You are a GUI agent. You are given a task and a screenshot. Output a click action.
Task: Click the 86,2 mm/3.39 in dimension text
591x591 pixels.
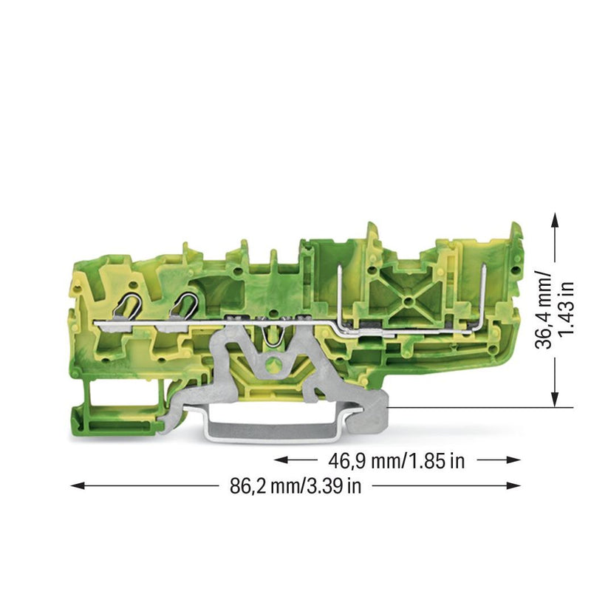point(295,486)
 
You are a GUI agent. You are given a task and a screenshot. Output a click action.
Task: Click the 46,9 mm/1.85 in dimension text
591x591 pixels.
point(397,460)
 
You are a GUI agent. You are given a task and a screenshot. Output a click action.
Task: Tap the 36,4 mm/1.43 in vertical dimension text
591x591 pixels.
point(553,310)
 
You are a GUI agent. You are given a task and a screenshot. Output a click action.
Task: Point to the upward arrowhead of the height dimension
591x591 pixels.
point(555,219)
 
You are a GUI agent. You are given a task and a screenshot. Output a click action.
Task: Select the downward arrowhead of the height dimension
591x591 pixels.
point(555,400)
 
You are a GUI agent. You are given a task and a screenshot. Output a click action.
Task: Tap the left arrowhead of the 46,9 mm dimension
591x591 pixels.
point(281,460)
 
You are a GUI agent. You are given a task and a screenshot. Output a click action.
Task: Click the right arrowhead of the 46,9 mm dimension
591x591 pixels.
point(513,460)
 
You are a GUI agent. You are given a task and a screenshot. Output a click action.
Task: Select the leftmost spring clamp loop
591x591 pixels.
point(127,305)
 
